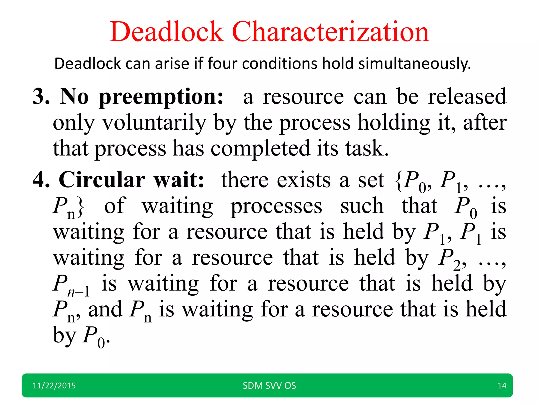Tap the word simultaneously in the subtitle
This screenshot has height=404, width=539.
[415, 64]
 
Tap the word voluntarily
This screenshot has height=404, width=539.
[154, 123]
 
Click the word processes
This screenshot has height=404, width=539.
[276, 206]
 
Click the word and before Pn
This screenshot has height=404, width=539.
[105, 309]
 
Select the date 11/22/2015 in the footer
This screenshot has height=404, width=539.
[54, 386]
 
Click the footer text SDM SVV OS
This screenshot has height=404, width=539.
[269, 386]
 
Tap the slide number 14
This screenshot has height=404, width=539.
[502, 386]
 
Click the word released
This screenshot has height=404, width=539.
[467, 97]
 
